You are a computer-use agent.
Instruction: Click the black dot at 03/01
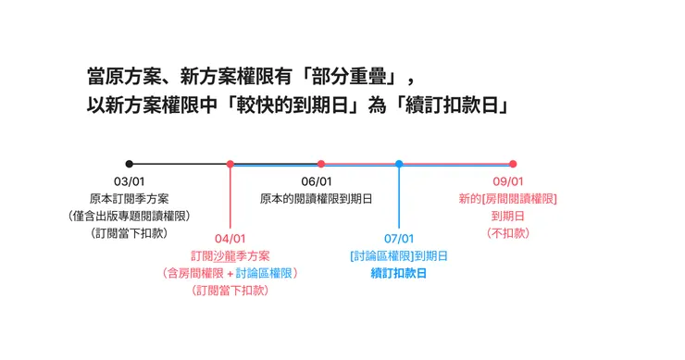coord(129,164)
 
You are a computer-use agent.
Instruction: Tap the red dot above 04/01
coord(230,164)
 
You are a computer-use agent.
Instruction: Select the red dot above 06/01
coord(321,164)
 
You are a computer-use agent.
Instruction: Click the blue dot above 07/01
coord(399,164)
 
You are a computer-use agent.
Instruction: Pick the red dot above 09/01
coord(513,164)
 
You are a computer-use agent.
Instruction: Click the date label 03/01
coord(129,182)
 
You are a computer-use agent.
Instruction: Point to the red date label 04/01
coord(230,239)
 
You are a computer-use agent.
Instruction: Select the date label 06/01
coord(317,182)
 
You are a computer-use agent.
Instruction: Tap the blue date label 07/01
coord(399,239)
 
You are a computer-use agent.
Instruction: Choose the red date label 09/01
coord(508,182)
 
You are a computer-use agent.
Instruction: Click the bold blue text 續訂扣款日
coord(399,273)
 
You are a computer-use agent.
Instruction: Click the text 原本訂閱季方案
coord(129,199)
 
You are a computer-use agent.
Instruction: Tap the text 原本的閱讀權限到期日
coord(317,199)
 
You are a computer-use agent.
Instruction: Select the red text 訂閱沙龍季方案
coord(230,256)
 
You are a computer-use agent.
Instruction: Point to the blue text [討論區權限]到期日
coord(399,256)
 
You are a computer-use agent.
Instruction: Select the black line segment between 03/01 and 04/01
coord(179,164)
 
